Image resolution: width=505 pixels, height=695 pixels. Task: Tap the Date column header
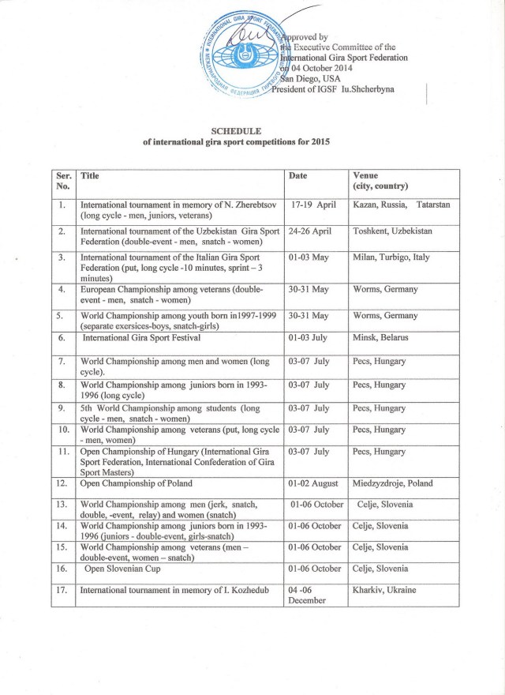point(297,175)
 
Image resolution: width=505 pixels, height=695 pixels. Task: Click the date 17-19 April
point(313,204)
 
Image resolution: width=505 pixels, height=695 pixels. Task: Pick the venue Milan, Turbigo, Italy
point(390,257)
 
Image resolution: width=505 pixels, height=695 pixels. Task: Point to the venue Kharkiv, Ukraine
point(384,590)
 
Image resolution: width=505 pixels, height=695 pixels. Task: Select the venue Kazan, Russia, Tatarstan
point(401,204)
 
